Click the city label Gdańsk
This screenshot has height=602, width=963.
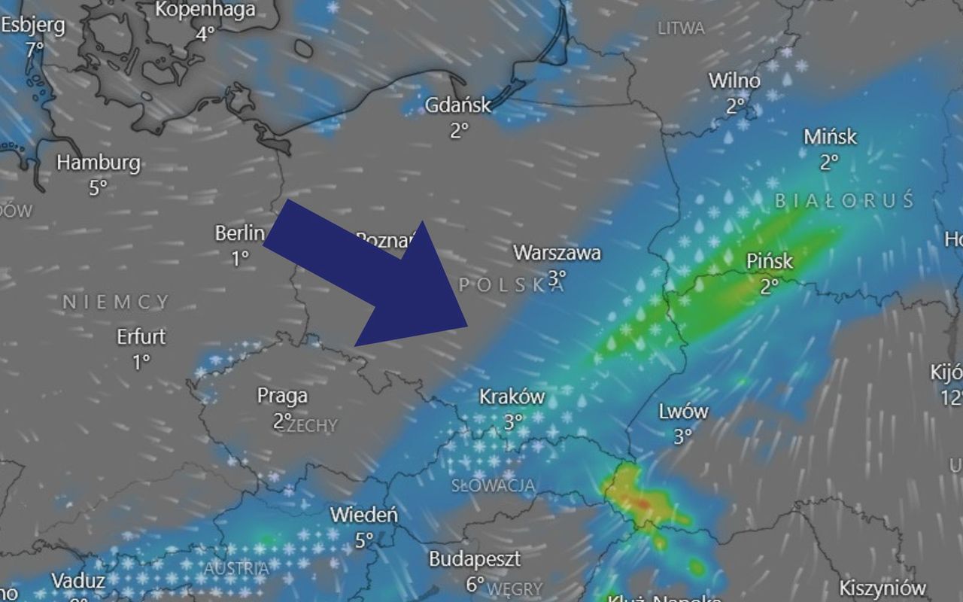coord(457,105)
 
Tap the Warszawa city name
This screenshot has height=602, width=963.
coord(557,253)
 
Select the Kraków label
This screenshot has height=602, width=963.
coord(512,397)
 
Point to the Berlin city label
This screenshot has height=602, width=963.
coord(240,233)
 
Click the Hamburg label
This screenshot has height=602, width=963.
coord(99,163)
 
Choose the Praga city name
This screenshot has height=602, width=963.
coord(282,396)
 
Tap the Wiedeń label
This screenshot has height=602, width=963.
coord(364,515)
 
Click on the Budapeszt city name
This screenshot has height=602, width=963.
coord(474,560)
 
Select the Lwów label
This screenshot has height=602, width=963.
coord(683,412)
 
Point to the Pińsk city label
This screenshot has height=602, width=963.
coord(770,261)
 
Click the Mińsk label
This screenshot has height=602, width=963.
coord(830,137)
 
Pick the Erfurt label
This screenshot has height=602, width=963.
coord(141,336)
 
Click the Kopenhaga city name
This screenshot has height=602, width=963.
coord(205,10)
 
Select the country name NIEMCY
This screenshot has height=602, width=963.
coord(116,303)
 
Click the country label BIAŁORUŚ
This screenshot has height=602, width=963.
coord(844,201)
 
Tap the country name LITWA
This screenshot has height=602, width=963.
coord(681,29)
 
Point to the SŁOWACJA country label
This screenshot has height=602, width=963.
coord(493,485)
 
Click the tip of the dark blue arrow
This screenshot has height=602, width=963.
coord(468,327)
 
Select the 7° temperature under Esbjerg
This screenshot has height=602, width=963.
coord(35,50)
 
